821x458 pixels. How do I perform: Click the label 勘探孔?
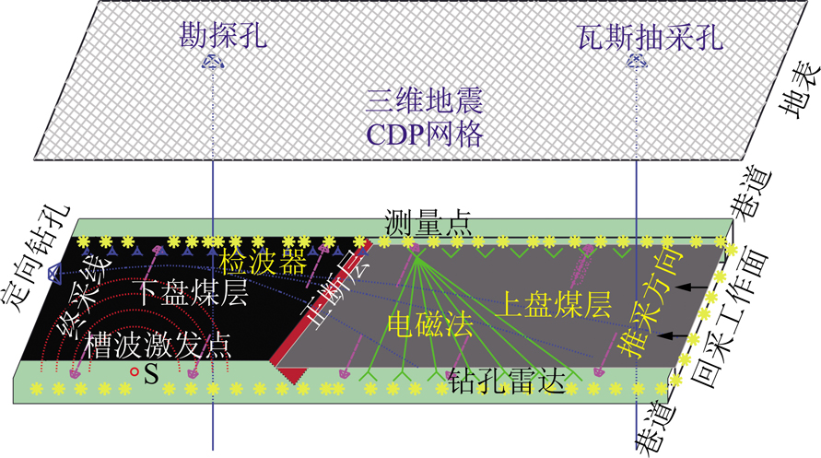[x=223, y=36]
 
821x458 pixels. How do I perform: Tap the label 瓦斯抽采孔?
[x=651, y=37]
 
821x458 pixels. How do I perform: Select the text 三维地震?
[x=424, y=100]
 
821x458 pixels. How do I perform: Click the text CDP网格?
[x=424, y=135]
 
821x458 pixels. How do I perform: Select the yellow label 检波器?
[x=263, y=262]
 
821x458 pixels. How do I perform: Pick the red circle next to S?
[x=135, y=372]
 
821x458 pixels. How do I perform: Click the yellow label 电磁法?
[x=430, y=324]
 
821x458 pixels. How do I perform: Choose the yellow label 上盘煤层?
[x=554, y=305]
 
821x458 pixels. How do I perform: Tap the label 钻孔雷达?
[x=506, y=382]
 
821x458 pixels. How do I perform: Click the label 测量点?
[x=428, y=222]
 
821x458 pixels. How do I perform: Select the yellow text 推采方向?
[x=650, y=302]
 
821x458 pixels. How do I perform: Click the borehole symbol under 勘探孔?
[x=213, y=63]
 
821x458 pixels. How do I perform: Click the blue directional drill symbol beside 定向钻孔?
[x=53, y=273]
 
